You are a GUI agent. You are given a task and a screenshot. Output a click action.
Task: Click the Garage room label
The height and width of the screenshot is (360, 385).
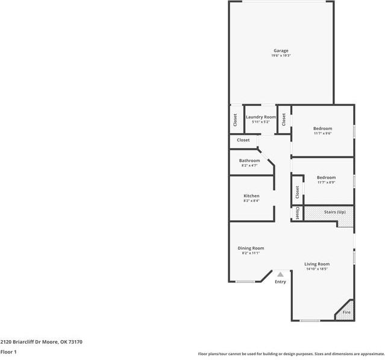281,51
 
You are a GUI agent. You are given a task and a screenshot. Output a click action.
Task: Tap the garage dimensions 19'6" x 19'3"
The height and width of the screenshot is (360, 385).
281,56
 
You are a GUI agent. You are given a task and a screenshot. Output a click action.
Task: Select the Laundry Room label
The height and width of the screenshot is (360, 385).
261,117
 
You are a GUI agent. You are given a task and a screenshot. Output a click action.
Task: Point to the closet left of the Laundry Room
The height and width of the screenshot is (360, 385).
235,119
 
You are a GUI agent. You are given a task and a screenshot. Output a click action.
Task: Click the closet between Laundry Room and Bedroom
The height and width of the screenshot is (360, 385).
284,119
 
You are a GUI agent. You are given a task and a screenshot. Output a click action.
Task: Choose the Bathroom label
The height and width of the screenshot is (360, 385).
249,161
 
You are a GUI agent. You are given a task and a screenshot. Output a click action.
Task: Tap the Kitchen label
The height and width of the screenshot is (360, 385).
251,196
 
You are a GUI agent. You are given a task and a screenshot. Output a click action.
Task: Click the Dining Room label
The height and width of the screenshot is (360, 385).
251,248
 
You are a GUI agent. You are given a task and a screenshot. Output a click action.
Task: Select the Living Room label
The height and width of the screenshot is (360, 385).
316,264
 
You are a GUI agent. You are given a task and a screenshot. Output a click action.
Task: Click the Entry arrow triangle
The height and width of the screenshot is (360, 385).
280,275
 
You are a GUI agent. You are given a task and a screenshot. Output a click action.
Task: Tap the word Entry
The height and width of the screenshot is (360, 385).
281,282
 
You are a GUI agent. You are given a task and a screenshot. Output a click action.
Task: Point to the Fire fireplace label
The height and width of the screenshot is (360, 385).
346,312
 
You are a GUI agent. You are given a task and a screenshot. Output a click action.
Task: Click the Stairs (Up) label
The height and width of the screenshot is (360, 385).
334,212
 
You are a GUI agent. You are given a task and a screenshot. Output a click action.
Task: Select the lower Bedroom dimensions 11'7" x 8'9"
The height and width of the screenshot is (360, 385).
326,182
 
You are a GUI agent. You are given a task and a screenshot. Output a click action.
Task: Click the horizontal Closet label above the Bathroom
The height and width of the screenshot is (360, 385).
243,140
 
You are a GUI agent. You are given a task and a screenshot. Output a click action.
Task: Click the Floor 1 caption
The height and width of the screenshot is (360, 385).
8,352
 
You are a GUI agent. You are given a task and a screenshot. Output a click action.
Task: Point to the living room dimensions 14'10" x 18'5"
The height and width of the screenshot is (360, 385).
316,269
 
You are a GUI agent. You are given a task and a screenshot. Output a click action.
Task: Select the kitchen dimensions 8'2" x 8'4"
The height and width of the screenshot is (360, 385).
251,201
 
